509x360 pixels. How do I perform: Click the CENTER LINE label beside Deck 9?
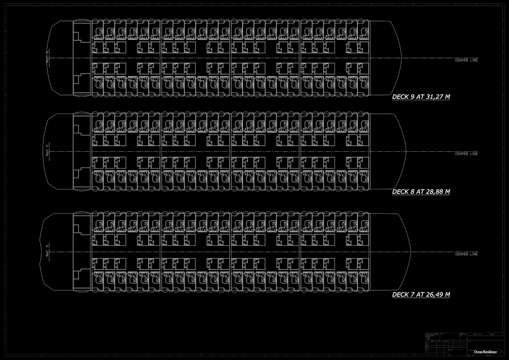point(466,60)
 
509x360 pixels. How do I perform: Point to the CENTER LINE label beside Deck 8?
point(466,154)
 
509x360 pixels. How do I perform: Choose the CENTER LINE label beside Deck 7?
point(466,254)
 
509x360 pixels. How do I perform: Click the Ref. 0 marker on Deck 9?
point(48,57)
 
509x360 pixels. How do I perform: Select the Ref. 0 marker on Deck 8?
point(48,151)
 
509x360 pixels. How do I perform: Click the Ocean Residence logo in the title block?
point(485,352)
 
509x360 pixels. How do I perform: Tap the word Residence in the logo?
point(489,352)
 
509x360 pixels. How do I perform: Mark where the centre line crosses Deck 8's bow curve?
point(407,151)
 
